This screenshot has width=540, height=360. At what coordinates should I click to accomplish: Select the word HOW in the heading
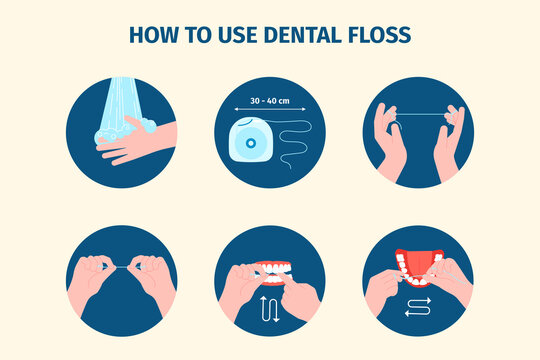point(156,35)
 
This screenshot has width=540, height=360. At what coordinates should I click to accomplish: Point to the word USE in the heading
point(236,35)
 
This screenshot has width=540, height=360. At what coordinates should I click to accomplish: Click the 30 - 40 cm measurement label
point(270,101)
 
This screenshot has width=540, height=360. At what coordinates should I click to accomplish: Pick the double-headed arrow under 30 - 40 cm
point(270,112)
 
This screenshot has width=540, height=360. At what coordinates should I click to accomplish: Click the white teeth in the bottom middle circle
point(270,270)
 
